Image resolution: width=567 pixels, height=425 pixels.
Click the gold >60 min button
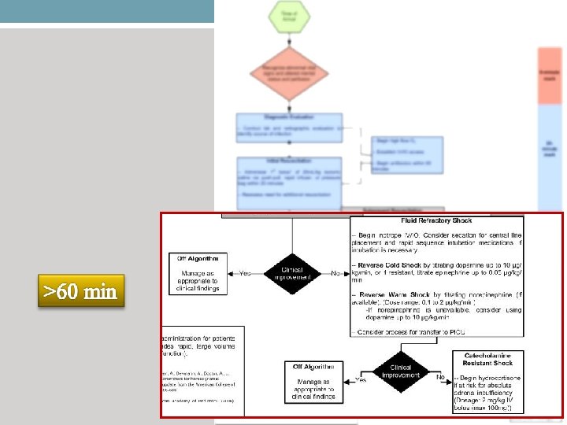pyautogui.click(x=80, y=291)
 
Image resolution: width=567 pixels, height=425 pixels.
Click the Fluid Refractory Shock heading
pyautogui.click(x=436, y=221)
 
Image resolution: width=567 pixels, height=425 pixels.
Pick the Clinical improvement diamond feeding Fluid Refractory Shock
pyautogui.click(x=292, y=272)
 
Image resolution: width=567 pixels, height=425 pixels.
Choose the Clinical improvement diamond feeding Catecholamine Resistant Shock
pyautogui.click(x=402, y=371)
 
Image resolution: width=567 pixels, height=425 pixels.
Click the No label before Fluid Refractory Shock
pyautogui.click(x=336, y=273)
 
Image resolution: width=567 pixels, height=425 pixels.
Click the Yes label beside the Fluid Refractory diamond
pyautogui.click(x=246, y=273)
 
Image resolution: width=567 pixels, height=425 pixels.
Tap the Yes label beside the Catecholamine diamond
pyautogui.click(x=361, y=379)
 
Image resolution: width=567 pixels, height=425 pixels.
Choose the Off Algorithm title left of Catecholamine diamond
pyautogui.click(x=313, y=367)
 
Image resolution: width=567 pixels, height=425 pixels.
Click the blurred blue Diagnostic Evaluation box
pyautogui.click(x=288, y=127)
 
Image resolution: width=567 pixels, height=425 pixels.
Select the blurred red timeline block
pyautogui.click(x=549, y=76)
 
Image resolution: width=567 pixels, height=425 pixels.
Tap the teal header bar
pyautogui.click(x=107, y=11)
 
